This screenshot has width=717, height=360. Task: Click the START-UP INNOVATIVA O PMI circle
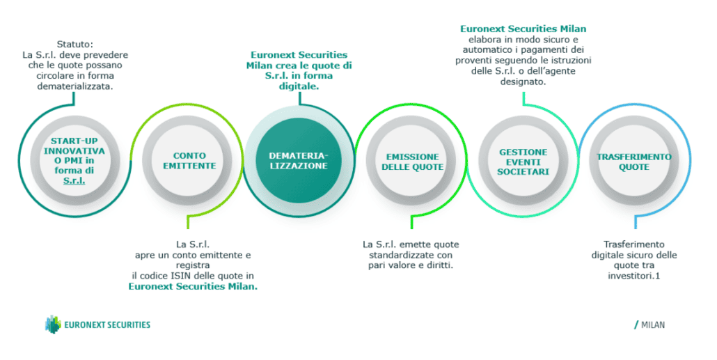74,161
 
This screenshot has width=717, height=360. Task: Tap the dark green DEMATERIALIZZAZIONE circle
299,161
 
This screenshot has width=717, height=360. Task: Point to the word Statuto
75,45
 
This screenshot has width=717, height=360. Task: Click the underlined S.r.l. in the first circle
74,180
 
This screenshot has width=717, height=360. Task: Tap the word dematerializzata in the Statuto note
75,86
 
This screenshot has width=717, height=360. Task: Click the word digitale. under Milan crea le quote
299,86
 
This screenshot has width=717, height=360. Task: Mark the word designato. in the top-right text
523,82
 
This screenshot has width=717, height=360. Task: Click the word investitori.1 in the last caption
633,276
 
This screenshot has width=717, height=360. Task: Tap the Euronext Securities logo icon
53,324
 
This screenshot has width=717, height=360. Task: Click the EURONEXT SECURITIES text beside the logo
107,324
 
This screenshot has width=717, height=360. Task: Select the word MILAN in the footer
653,325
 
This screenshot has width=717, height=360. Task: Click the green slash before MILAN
636,325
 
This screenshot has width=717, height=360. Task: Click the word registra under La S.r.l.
193,265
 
